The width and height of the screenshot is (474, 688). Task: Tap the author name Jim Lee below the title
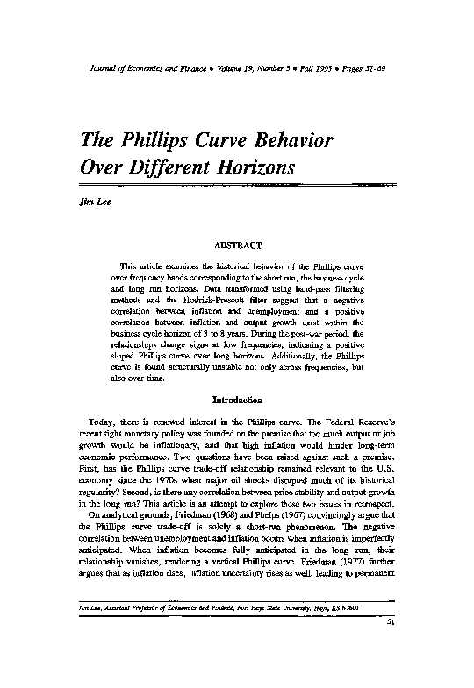91,201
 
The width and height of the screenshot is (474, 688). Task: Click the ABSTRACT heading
237,247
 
